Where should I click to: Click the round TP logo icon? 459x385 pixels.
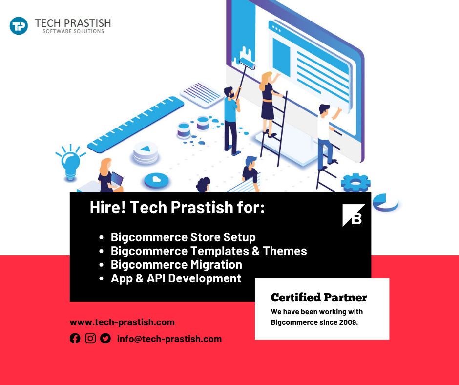19,26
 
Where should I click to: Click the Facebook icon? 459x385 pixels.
75,339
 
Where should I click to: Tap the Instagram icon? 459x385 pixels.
90,338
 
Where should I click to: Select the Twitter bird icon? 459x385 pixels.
105,339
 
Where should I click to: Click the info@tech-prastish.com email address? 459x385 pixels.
169,339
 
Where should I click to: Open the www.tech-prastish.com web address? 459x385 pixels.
122,322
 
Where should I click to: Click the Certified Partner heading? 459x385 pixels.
318,298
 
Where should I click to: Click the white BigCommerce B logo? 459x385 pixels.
354,215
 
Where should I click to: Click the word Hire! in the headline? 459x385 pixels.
108,207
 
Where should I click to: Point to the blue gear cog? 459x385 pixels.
355,183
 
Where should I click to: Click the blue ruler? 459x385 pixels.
136,125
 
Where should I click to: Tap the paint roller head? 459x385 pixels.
247,64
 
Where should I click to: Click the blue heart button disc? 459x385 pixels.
156,180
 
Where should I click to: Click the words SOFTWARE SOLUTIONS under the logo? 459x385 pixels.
73,31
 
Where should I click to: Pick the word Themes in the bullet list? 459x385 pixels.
285,251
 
